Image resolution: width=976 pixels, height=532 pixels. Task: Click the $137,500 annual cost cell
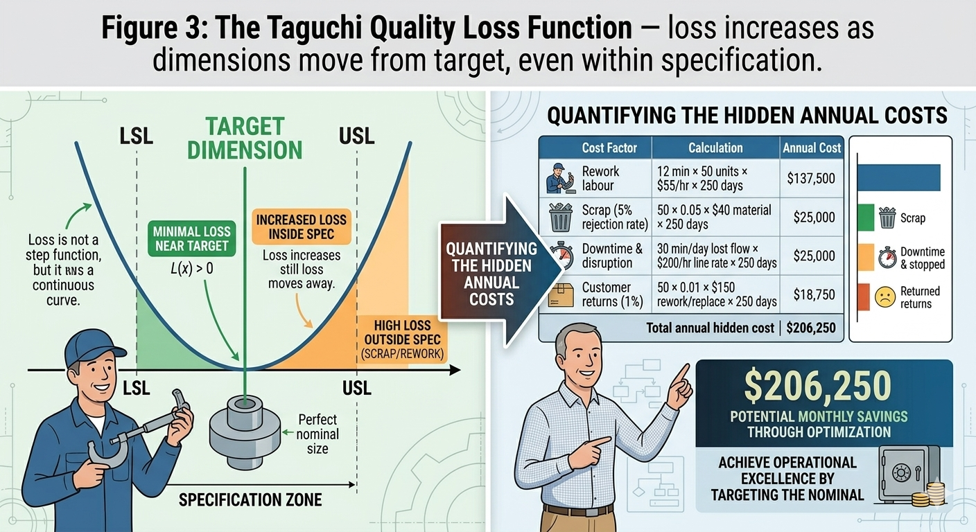point(811,179)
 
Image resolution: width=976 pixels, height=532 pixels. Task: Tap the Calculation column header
point(715,148)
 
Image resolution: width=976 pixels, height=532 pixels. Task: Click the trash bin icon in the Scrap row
point(559,217)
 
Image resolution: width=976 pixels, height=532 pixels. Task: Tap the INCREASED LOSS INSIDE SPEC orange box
point(302,227)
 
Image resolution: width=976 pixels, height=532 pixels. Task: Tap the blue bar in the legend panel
point(899,177)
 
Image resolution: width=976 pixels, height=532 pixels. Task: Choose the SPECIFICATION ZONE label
point(250,499)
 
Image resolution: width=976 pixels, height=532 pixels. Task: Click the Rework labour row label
point(601,179)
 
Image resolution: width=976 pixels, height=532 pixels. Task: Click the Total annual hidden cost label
point(710,328)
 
